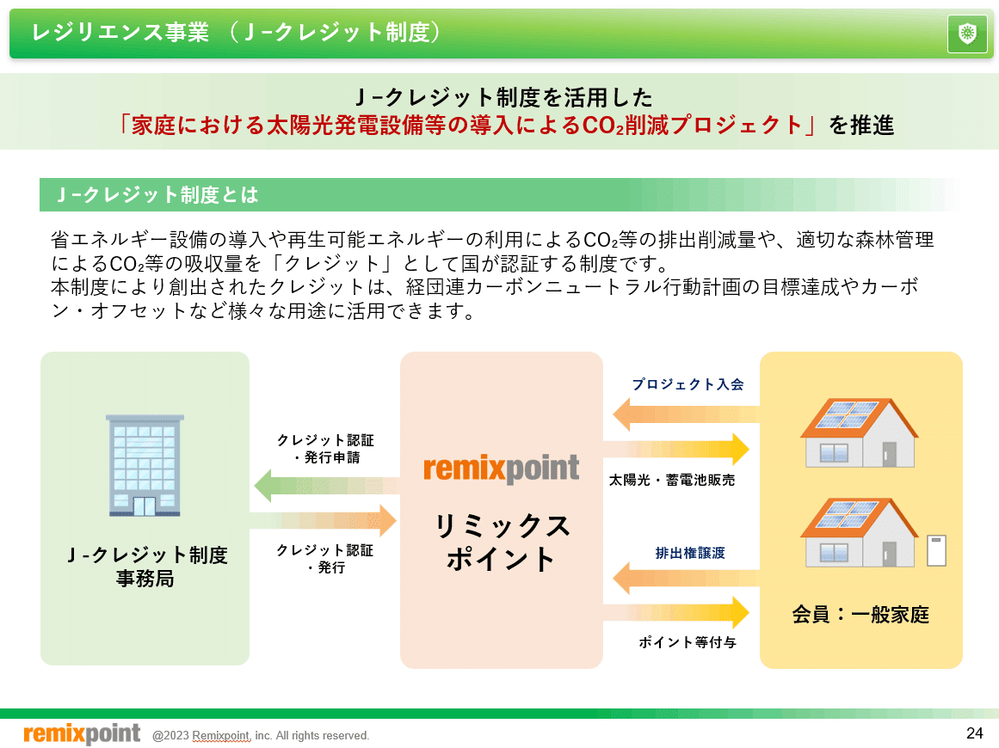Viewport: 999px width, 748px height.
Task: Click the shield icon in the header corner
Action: coord(967,34)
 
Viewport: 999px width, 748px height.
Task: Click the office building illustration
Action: coord(145,465)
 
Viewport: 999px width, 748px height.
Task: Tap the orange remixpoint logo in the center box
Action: coord(502,469)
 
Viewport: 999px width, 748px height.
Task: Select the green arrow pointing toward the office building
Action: coord(327,486)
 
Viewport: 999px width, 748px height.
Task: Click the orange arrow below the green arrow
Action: coord(323,521)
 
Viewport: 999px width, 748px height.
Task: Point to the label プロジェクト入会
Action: coord(688,383)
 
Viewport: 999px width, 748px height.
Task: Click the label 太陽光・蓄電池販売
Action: coord(672,480)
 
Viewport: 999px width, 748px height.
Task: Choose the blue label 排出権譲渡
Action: coord(690,553)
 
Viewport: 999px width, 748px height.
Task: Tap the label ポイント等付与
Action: coord(688,641)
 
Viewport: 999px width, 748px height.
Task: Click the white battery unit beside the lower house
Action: coord(936,550)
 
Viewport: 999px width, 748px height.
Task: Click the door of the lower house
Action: coord(890,554)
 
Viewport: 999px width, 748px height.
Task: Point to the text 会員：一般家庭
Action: coord(860,615)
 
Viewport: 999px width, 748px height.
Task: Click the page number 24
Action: coord(975,733)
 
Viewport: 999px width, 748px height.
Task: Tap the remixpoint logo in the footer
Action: coord(83,733)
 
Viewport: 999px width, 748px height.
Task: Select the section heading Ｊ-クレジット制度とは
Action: coord(157,195)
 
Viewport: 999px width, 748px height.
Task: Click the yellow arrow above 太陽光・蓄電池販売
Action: coord(676,450)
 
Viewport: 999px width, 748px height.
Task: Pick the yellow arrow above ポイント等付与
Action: coord(676,612)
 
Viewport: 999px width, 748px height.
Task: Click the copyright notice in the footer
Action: coord(261,735)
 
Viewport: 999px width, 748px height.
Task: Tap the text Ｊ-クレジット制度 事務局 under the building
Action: coord(146,567)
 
